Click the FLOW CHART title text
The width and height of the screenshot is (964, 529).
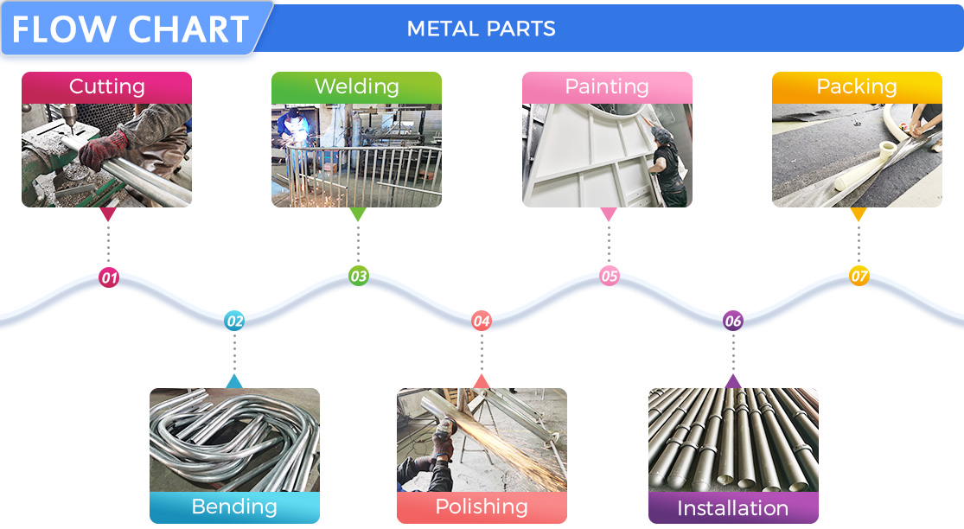coord(130,29)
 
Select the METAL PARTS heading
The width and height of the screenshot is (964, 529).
coord(481,29)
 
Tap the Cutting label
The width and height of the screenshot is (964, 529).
coord(106,86)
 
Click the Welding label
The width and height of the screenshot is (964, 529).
coord(356,86)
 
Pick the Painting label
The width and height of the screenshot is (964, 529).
coord(606,86)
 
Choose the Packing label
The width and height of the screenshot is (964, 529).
coord(856,86)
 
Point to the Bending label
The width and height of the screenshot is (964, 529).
coord(234,507)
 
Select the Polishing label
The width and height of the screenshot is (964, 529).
coord(482,507)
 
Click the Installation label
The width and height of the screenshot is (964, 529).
coord(732,507)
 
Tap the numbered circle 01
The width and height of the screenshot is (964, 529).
coord(109,278)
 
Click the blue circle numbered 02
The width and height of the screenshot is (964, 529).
coord(234,322)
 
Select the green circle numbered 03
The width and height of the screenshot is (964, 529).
coord(358,277)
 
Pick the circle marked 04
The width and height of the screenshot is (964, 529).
coord(482,322)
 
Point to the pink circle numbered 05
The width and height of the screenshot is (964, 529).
coord(610,277)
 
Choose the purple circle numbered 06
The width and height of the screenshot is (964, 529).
coord(733,322)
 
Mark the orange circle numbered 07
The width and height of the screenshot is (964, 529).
coord(859,277)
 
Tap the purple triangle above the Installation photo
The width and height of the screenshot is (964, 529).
coord(733,381)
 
